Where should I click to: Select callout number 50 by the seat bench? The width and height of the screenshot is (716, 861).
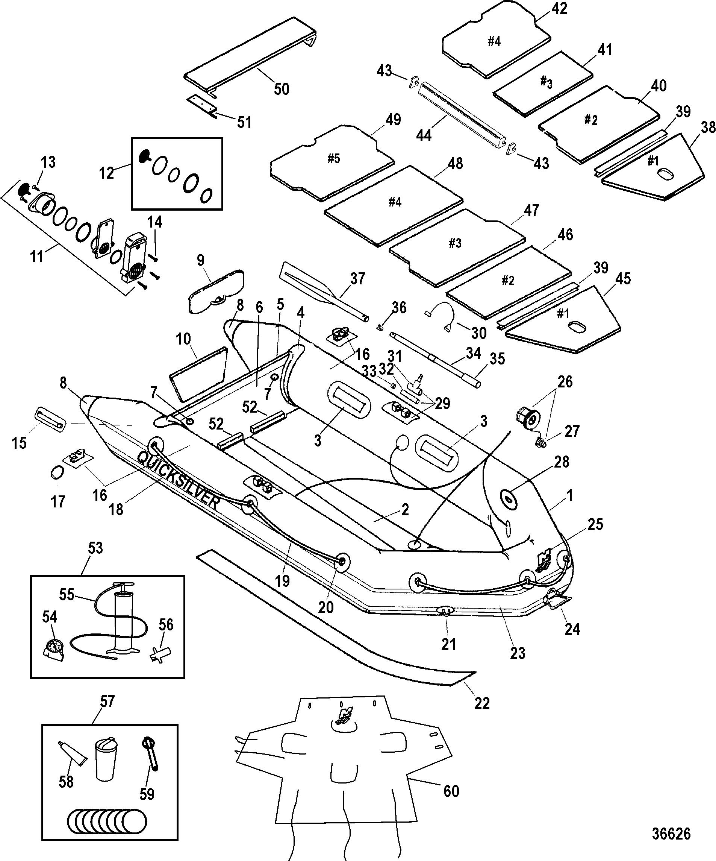[x=282, y=89]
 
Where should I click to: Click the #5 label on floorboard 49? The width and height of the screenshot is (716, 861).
[x=334, y=159]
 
